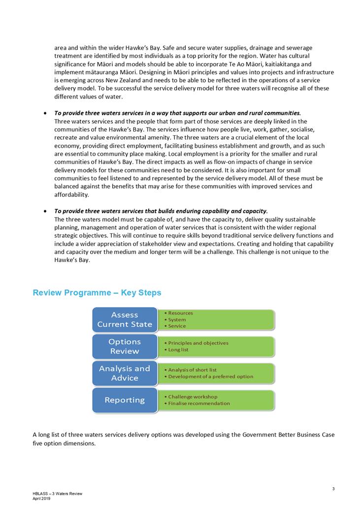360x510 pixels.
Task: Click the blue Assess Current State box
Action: pos(125,319)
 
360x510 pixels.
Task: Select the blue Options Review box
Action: pos(125,346)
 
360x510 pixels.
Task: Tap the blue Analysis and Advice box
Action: pos(125,373)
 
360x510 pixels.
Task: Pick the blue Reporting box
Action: pos(125,400)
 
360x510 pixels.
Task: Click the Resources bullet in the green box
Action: pos(180,313)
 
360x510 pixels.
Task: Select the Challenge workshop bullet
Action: pos(193,396)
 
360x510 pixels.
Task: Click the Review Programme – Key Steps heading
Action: pos(97,293)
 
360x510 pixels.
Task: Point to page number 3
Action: pos(333,489)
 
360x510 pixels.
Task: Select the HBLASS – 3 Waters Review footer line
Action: pos(58,494)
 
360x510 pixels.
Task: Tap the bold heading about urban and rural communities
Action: pos(177,113)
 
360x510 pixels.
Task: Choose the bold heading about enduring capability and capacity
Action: pos(161,211)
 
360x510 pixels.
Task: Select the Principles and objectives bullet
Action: pos(198,343)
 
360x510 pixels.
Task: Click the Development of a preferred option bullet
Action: pos(210,377)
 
